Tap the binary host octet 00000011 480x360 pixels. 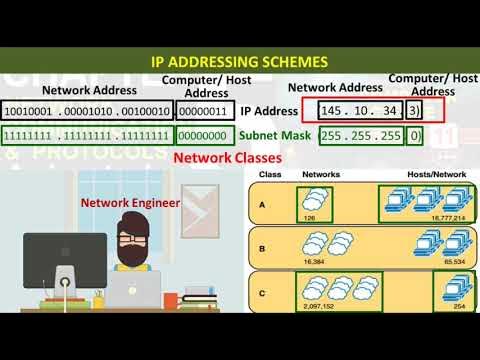tap(207, 111)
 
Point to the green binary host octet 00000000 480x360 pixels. tap(207, 135)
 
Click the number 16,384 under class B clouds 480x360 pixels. tap(317, 257)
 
